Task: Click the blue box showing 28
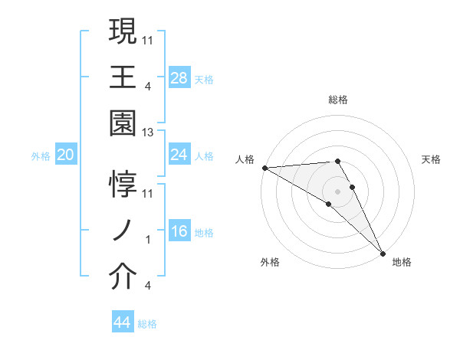pos(179,77)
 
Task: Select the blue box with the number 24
pos(179,155)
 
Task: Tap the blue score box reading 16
pos(179,231)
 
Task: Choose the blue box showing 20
pos(66,155)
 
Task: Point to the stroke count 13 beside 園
pos(148,133)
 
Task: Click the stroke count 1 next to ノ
pos(149,241)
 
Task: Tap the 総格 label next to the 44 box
pos(147,324)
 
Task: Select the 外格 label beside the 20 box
pos(41,155)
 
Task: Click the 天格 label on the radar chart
pos(432,159)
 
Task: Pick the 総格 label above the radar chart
pos(337,100)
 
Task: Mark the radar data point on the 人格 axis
pos(264,168)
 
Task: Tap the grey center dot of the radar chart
pos(337,190)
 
